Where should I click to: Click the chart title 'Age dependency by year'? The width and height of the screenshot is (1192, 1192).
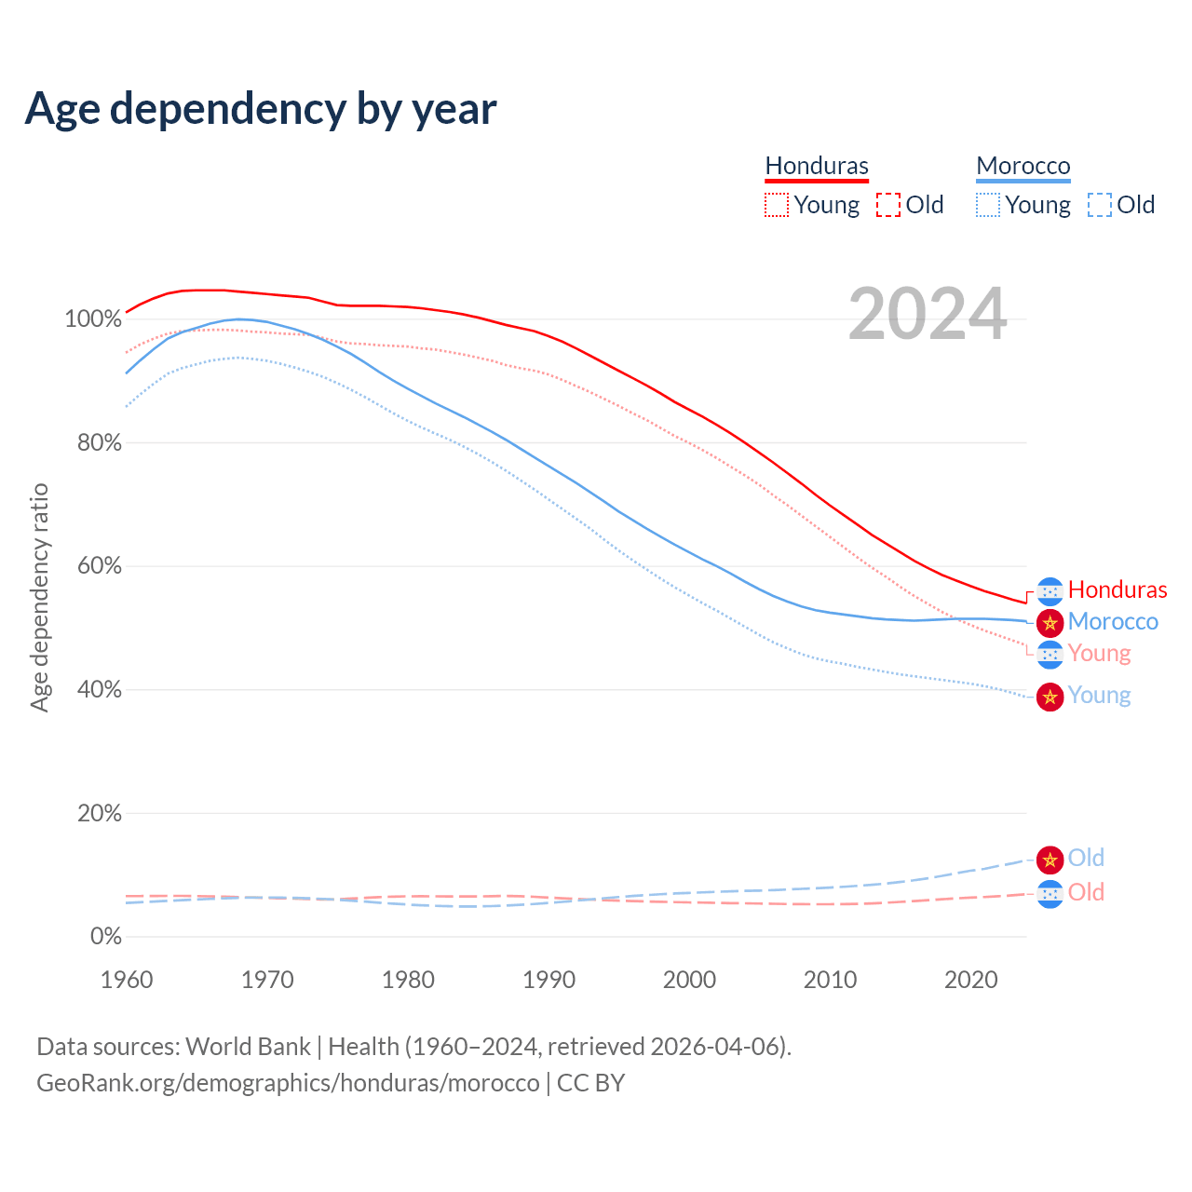261,109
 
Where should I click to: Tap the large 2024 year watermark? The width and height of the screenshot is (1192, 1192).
928,315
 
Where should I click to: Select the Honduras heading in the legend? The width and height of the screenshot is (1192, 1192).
817,166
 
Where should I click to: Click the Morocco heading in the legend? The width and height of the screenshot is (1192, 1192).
1023,166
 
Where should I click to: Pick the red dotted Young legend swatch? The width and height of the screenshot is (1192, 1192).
777,205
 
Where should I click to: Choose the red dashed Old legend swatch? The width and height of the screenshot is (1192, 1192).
888,205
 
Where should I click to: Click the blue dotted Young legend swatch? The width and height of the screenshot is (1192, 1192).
988,205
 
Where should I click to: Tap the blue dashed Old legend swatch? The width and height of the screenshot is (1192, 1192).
1100,205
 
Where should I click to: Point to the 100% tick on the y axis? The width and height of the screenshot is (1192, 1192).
93,319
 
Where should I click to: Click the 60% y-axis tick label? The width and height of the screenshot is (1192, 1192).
99,566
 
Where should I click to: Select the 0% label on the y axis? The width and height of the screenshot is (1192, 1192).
106,937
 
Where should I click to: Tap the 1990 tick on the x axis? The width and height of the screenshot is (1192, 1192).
549,980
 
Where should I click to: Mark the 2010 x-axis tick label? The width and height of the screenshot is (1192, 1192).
831,980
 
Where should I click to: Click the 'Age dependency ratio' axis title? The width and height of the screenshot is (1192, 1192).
39,597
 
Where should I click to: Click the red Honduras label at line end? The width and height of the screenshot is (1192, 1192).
1117,589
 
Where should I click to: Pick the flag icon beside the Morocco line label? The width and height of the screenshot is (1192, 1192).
1050,622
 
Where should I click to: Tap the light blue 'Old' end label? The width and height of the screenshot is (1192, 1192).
1086,858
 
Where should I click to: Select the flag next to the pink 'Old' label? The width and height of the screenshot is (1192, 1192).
1050,894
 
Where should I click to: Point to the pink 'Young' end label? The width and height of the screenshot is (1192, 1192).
1100,654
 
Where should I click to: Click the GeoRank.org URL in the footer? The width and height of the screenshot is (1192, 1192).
288,1083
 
